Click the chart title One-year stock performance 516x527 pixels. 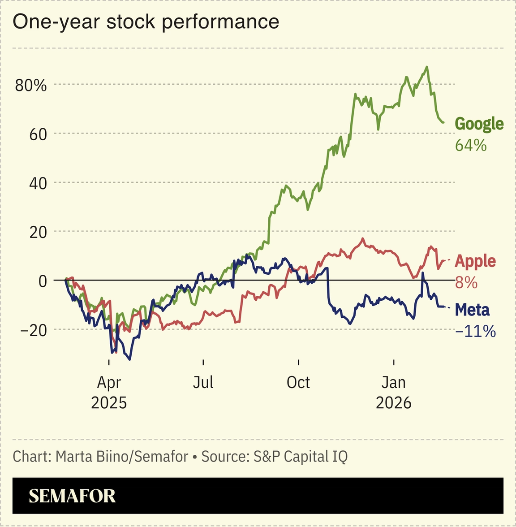[x=146, y=22]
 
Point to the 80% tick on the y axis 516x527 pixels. [x=30, y=85]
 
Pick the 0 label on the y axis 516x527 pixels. [x=42, y=281]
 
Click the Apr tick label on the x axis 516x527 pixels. [x=109, y=382]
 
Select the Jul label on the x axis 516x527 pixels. [x=203, y=382]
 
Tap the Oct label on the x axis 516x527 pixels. [x=298, y=382]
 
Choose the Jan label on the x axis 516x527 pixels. [x=394, y=382]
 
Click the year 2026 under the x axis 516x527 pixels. [x=394, y=402]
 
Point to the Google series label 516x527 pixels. [x=479, y=124]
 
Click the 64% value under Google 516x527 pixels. [x=471, y=145]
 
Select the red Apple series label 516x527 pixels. [x=475, y=261]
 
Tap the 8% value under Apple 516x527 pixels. [x=466, y=283]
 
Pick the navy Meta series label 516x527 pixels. [x=472, y=310]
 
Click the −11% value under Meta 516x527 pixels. [x=475, y=331]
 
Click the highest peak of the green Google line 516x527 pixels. [x=427, y=67]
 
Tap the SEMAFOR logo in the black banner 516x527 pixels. [x=73, y=496]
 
